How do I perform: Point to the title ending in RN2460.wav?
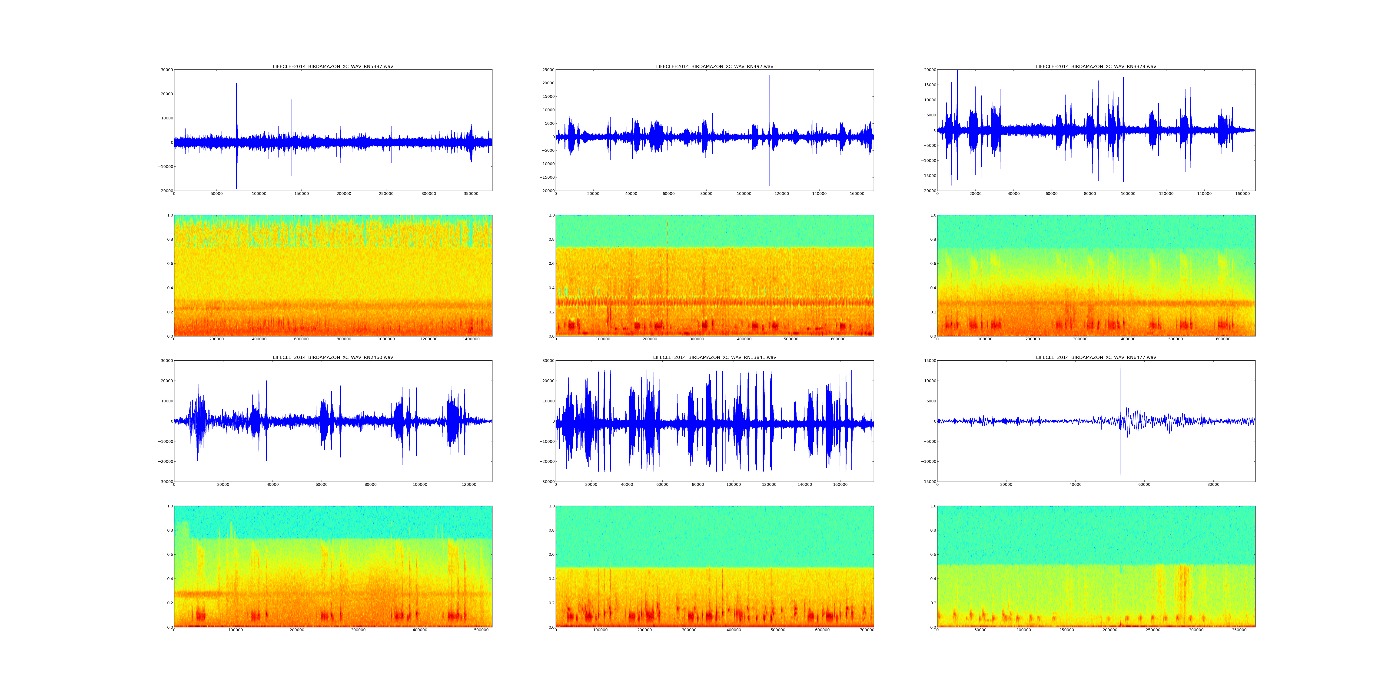332,357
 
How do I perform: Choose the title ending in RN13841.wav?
714,357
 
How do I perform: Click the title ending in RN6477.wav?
1096,357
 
